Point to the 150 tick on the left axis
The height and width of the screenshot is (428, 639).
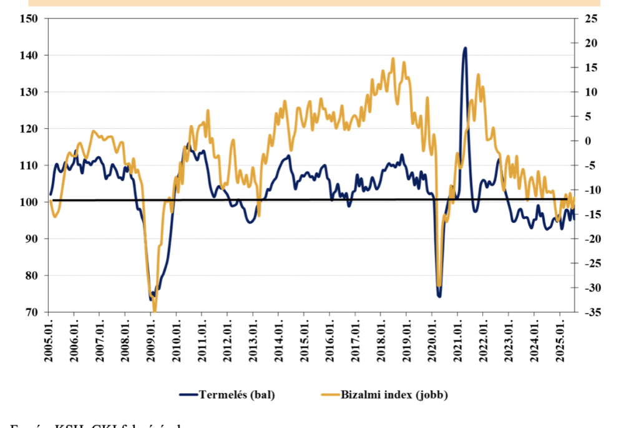click(31, 19)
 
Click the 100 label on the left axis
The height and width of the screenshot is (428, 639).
click(31, 202)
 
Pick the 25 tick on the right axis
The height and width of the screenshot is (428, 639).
click(590, 19)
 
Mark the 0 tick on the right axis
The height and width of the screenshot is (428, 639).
click(587, 141)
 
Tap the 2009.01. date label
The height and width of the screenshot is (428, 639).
click(151, 341)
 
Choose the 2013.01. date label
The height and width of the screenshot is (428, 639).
click(253, 341)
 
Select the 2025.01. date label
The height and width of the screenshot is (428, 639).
click(560, 341)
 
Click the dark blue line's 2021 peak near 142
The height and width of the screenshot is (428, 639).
click(464, 48)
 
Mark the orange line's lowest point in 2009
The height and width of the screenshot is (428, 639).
click(154, 311)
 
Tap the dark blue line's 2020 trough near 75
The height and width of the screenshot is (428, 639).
click(439, 295)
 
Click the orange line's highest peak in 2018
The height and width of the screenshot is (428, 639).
click(393, 59)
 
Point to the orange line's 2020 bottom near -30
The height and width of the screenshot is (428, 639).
click(439, 286)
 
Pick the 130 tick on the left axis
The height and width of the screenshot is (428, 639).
click(31, 92)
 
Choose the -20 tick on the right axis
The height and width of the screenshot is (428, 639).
click(588, 239)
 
